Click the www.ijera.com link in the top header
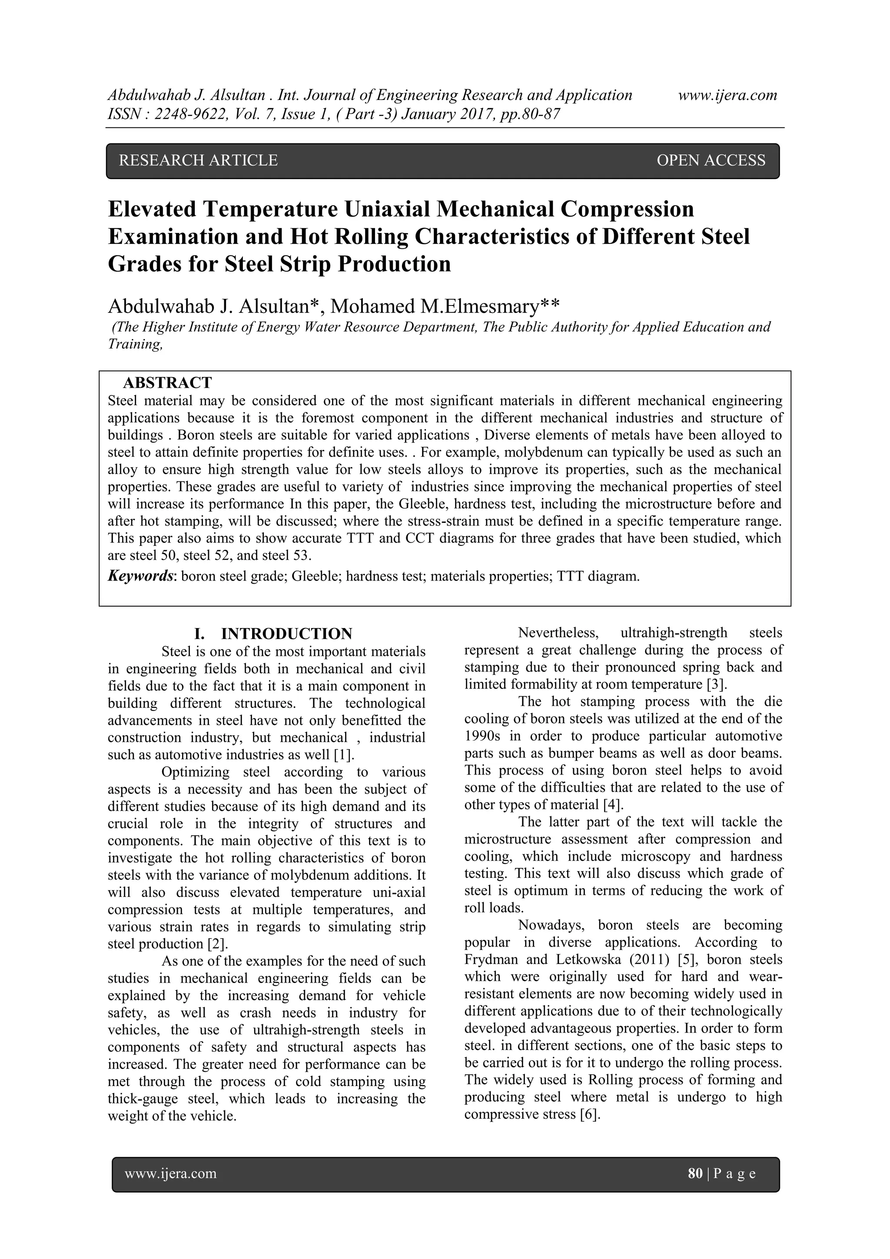(x=727, y=96)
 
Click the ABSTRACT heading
(x=167, y=382)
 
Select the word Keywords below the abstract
(x=140, y=576)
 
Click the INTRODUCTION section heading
(x=286, y=634)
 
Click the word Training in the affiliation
(x=135, y=344)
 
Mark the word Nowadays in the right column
(x=551, y=926)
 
